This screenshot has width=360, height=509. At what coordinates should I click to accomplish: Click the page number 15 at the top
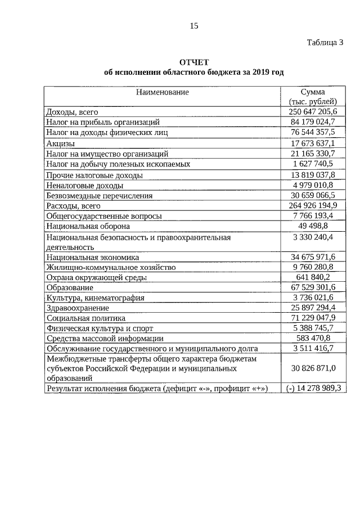pos(193,26)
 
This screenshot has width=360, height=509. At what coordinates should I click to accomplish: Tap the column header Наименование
pos(162,92)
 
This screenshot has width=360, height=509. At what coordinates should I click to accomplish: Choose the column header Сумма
pos(313,92)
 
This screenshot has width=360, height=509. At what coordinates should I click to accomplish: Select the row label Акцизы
pos(60,143)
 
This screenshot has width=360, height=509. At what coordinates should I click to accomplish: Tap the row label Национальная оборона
pos(88,226)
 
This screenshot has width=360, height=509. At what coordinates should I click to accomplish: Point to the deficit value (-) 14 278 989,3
pos(311,388)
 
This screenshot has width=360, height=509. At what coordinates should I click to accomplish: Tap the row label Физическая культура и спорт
pos(100,328)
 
